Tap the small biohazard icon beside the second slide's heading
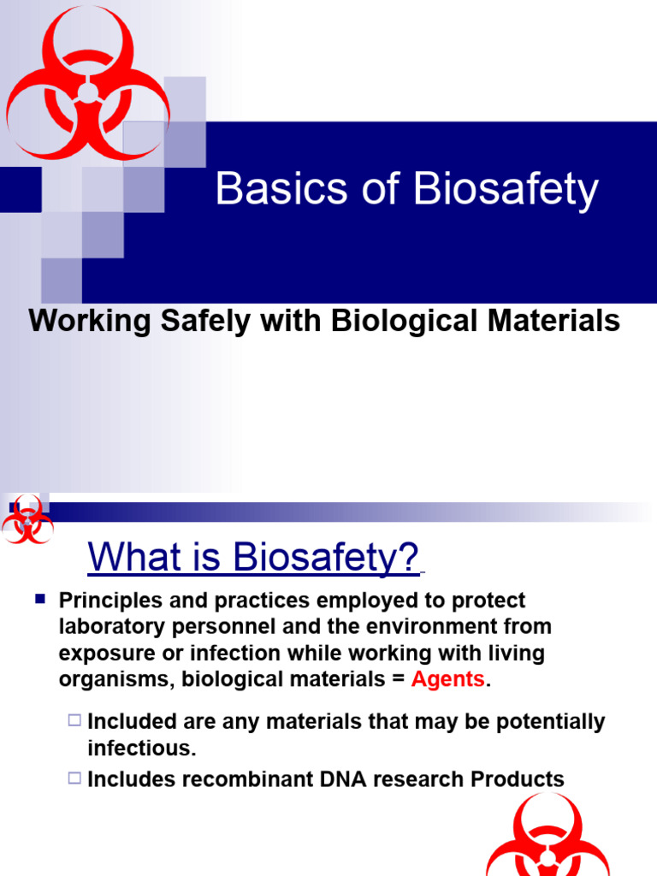pyautogui.click(x=27, y=519)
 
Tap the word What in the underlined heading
pyautogui.click(x=133, y=558)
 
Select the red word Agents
pyautogui.click(x=448, y=680)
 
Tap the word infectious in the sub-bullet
pyautogui.click(x=140, y=748)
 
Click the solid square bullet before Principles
pyautogui.click(x=39, y=601)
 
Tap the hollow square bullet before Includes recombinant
pyautogui.click(x=74, y=778)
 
